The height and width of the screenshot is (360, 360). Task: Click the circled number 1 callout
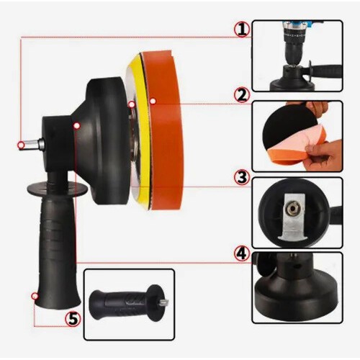(x=242, y=30)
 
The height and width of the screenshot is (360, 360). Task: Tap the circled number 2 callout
(x=242, y=95)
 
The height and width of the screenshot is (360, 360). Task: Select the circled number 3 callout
(x=242, y=178)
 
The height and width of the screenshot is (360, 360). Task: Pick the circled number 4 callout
(x=242, y=253)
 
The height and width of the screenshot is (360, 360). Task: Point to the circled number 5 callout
(x=73, y=319)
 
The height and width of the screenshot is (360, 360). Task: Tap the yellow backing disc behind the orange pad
(x=138, y=130)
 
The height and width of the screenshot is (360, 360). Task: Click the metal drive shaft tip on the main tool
(x=31, y=145)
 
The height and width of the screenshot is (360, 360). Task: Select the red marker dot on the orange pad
(x=153, y=102)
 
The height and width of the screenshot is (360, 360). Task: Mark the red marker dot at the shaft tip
(x=21, y=145)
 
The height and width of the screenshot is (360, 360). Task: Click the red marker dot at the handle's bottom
(x=35, y=296)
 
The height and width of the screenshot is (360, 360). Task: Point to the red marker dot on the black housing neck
(x=76, y=125)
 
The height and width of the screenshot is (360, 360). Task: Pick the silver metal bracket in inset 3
(x=292, y=217)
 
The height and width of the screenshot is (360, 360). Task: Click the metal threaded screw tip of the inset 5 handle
(x=164, y=302)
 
